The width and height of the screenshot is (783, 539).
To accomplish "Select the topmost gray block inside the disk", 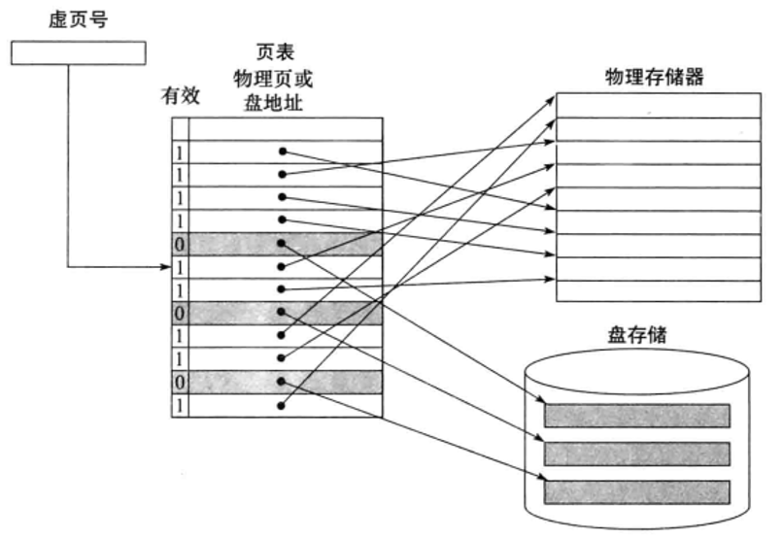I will (x=636, y=416).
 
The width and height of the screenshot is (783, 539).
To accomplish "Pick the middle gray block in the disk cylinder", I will (x=636, y=454).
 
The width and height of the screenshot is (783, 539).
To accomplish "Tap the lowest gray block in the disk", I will (x=636, y=490).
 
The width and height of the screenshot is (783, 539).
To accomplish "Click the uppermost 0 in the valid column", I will (x=180, y=243).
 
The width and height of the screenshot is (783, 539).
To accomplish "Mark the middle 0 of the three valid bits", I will (x=180, y=313).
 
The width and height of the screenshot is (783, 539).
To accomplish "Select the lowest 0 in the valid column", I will (x=180, y=382).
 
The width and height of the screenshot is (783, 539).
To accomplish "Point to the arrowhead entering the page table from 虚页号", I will (x=167, y=266).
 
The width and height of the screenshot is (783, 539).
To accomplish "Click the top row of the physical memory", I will (x=657, y=105).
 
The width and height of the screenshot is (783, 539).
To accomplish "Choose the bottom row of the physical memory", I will (x=657, y=292).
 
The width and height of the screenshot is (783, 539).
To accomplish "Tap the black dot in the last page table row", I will (x=282, y=405).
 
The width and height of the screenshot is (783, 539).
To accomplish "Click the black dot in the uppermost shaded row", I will (x=282, y=243).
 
